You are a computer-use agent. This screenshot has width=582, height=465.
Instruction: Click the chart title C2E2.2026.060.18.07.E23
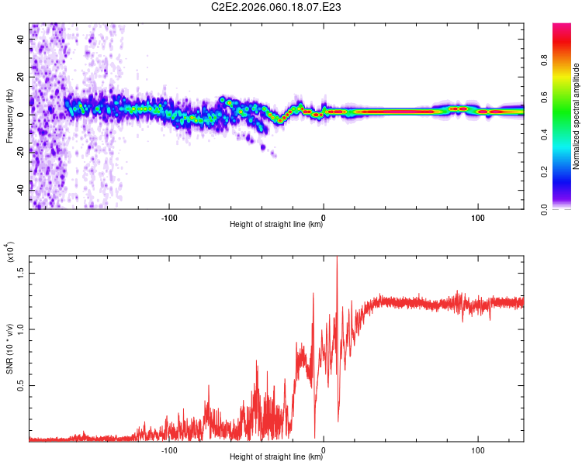click(x=276, y=8)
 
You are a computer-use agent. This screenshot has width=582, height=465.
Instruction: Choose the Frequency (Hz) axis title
click(x=10, y=115)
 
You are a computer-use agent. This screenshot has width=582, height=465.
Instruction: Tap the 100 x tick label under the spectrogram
click(x=479, y=216)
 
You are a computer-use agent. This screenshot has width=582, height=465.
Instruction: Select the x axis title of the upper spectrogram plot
click(x=276, y=225)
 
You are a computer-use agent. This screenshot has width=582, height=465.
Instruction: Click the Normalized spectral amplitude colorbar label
click(x=577, y=116)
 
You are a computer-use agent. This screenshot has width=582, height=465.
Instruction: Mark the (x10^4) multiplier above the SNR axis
click(x=11, y=251)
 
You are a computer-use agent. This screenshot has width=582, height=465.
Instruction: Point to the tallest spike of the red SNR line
click(x=337, y=258)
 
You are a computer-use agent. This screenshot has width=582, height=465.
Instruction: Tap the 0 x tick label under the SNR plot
click(x=324, y=449)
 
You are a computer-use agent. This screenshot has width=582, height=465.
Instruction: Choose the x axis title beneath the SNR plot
click(x=276, y=457)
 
